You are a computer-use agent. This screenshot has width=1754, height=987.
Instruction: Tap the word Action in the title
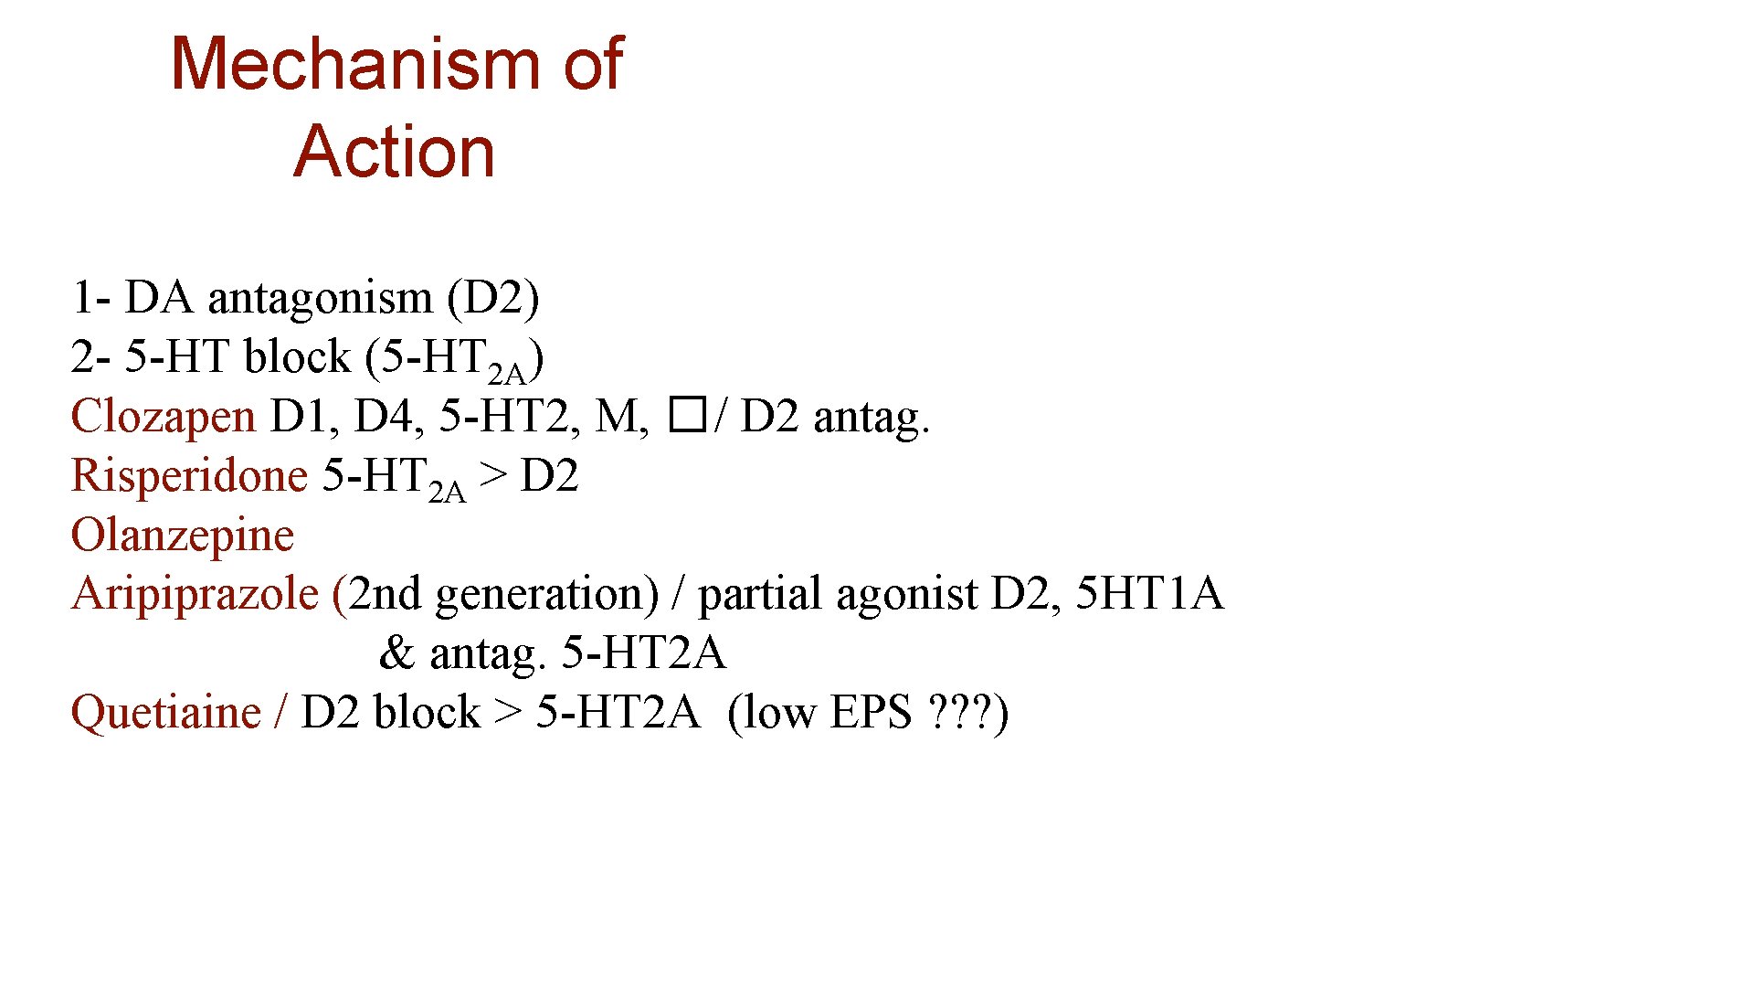click(x=394, y=151)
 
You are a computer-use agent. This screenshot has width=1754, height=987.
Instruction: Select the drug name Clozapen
click(x=163, y=417)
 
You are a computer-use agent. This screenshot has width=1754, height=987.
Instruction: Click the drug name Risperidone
click(x=189, y=476)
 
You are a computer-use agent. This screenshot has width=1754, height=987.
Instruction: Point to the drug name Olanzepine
click(x=183, y=536)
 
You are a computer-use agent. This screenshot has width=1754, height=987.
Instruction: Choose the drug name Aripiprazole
click(x=195, y=594)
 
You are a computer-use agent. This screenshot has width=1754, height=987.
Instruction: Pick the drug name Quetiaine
click(x=165, y=713)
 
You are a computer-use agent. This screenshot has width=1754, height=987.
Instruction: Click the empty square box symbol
click(x=687, y=416)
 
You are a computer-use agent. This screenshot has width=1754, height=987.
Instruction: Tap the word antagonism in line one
click(x=320, y=299)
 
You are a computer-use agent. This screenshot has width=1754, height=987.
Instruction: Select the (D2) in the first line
click(x=493, y=299)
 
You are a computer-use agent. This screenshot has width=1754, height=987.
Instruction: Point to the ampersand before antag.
click(x=396, y=653)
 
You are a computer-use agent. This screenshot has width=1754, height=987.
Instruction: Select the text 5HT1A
click(x=1149, y=594)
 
